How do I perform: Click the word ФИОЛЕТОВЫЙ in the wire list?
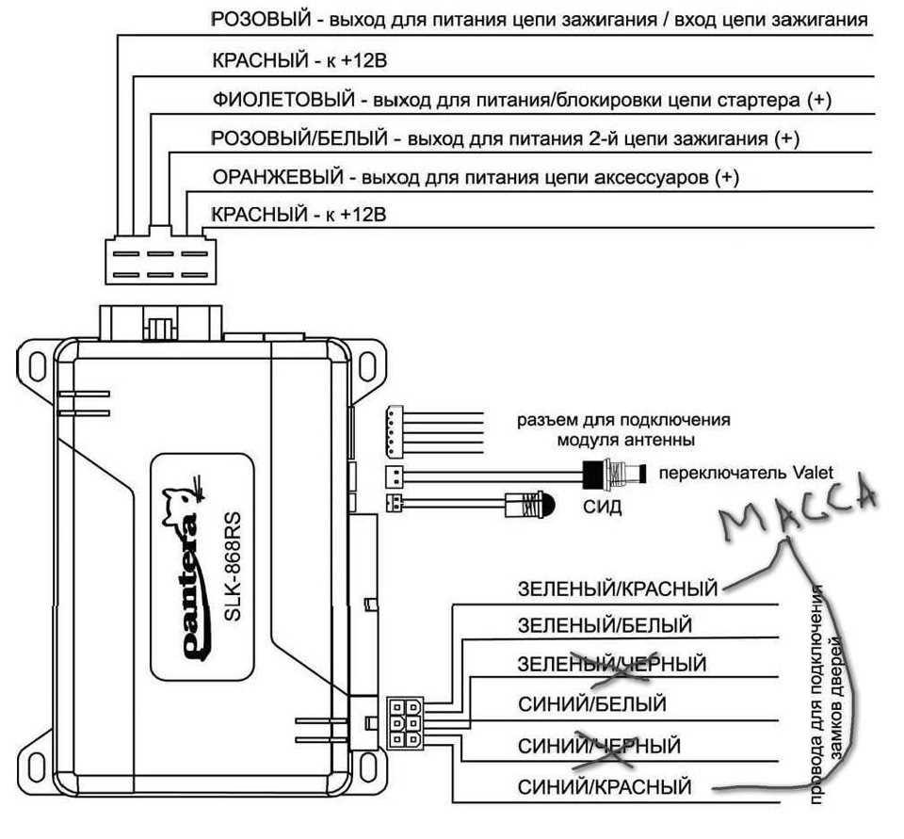(283, 101)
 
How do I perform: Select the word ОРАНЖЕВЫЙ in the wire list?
(278, 176)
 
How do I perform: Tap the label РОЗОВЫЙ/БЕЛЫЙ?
(299, 138)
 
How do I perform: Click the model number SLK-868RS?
(232, 567)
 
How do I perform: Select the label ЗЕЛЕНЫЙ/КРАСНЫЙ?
(618, 589)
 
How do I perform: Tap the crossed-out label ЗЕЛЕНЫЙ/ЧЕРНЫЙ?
(612, 664)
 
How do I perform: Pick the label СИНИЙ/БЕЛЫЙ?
(592, 703)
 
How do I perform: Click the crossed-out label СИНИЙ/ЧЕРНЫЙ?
(600, 746)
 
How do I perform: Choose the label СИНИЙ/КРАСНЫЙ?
(605, 786)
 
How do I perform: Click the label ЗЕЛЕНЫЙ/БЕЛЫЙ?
(605, 625)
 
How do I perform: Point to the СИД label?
(603, 508)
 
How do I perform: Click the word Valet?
(812, 474)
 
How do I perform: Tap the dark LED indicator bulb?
(545, 504)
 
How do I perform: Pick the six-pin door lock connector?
(405, 723)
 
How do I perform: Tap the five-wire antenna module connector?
(395, 430)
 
